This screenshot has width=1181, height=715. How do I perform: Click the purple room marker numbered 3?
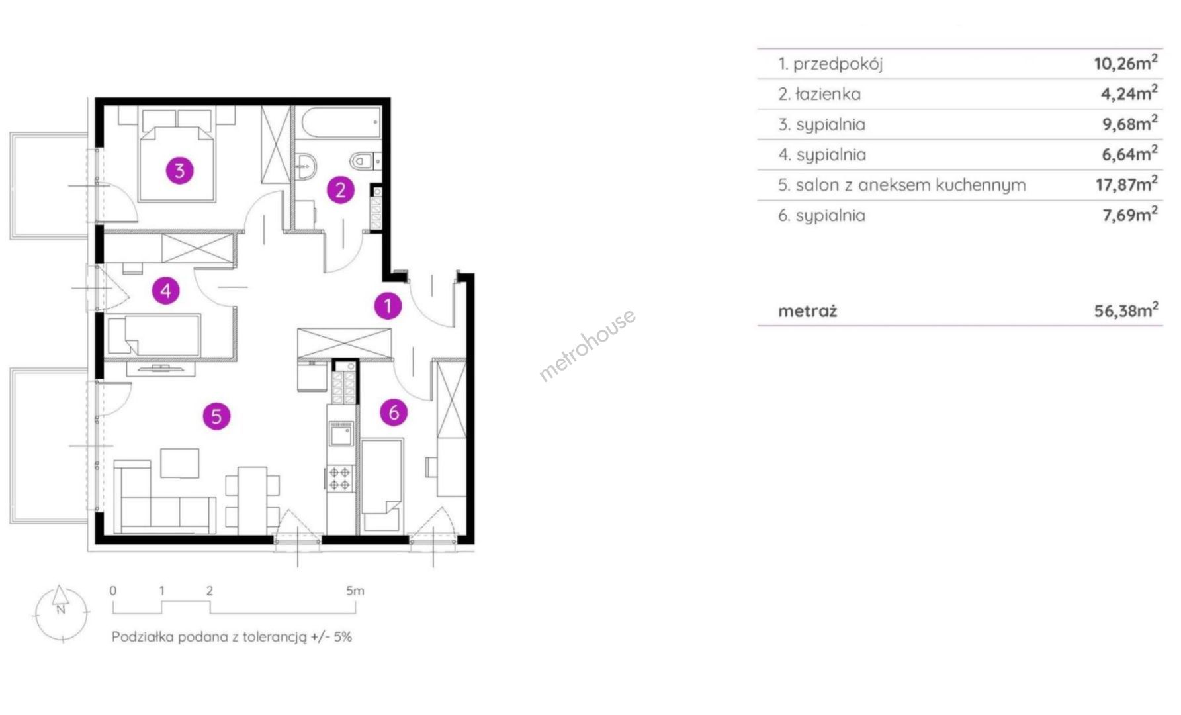tap(179, 171)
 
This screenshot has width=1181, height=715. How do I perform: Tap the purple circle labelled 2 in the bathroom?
tap(341, 190)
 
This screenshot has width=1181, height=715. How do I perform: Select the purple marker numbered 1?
tap(388, 306)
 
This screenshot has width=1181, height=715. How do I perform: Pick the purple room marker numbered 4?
tap(165, 290)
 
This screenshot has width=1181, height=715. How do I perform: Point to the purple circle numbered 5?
tap(216, 416)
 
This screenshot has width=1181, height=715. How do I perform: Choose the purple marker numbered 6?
tap(394, 412)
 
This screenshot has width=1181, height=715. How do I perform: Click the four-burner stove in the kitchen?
tap(340, 479)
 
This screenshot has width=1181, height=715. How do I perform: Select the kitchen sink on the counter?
tap(341, 434)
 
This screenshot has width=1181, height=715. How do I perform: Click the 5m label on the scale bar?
tap(355, 591)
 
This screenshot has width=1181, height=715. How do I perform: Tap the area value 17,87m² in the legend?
tap(1126, 183)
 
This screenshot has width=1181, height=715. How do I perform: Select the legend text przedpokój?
tap(838, 64)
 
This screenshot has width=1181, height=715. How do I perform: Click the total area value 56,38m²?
tap(1126, 310)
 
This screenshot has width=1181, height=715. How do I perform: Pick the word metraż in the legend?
tap(807, 310)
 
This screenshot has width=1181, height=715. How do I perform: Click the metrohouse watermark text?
tap(588, 345)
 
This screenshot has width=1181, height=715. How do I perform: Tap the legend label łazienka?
tap(828, 94)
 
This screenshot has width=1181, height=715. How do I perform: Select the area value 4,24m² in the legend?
tap(1129, 93)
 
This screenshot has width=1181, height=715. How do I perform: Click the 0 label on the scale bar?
tap(113, 591)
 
